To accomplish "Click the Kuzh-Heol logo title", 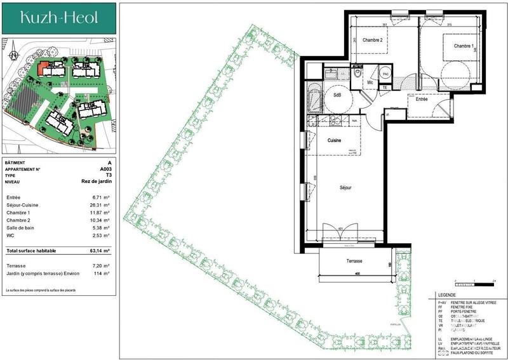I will click(x=59, y=18).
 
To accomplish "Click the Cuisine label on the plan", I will click(x=335, y=140).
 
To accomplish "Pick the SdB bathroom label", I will click(x=338, y=95).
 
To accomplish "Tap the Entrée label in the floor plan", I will click(x=421, y=99).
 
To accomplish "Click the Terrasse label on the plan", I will click(x=354, y=261).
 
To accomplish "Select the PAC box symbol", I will click(x=385, y=74).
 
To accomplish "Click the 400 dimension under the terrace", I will click(x=357, y=274).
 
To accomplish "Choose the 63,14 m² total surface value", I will click(x=101, y=251).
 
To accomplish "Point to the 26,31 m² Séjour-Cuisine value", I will click(x=101, y=205).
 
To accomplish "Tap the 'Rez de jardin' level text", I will click(x=97, y=182).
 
